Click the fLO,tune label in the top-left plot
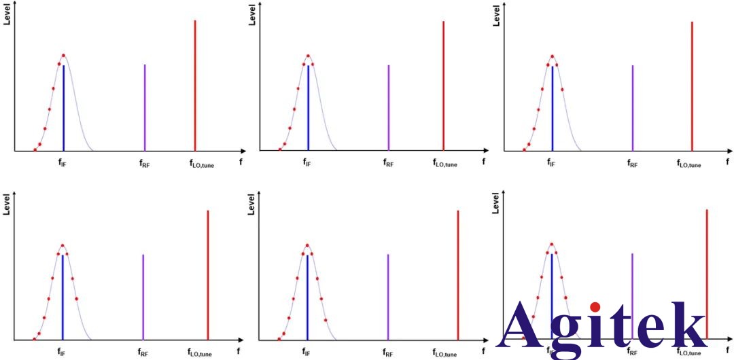201,163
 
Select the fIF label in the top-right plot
552,163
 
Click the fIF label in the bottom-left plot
63,353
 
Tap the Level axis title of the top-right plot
497,16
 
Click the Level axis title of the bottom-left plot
7,205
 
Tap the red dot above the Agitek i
596,308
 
